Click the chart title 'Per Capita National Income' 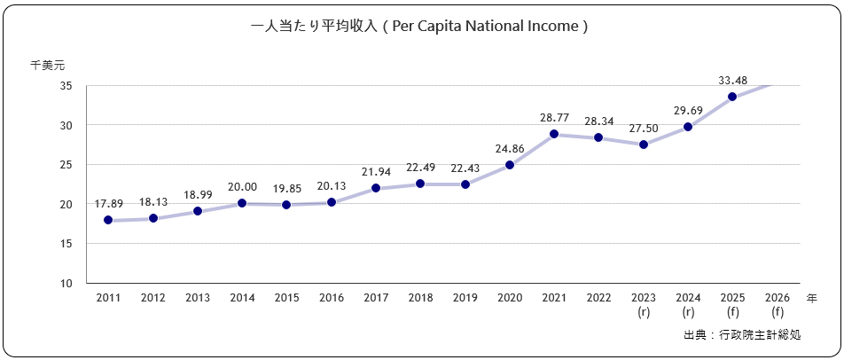click(420, 27)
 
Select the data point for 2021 click(554, 134)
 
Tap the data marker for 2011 click(108, 220)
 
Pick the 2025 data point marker click(732, 97)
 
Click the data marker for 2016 click(332, 202)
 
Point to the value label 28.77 click(554, 117)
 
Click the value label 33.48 click(732, 81)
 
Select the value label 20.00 click(242, 186)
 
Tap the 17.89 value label click(108, 203)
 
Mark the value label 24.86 click(510, 148)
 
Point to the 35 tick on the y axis click(66, 86)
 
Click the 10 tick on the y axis click(66, 284)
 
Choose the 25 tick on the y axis click(66, 165)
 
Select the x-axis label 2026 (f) click(778, 305)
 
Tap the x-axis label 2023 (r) click(644, 305)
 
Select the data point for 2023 click(644, 145)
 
